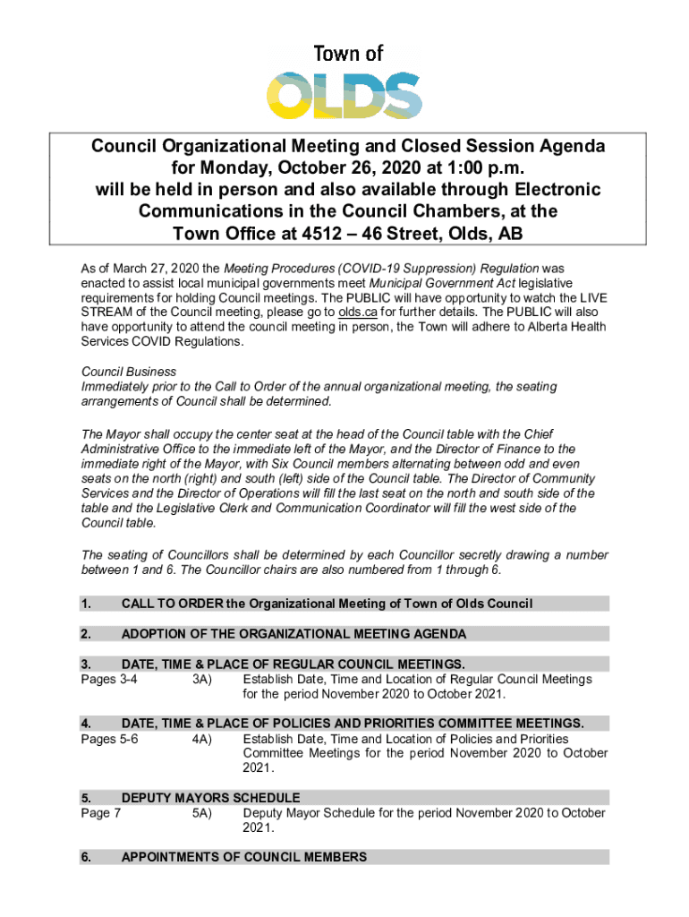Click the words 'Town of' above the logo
click(347, 53)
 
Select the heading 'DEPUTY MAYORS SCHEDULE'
click(210, 797)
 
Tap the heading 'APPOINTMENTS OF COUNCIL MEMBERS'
click(243, 857)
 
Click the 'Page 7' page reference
click(101, 813)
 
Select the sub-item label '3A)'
click(201, 680)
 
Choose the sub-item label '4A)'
click(201, 739)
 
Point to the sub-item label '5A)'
click(201, 813)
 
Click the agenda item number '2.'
click(86, 634)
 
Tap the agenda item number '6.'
click(86, 857)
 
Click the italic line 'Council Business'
click(129, 371)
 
